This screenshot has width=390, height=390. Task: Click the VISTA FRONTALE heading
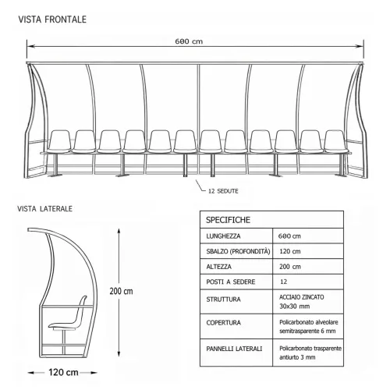tap(52, 19)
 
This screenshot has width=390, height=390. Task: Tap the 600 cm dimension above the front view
tap(189, 41)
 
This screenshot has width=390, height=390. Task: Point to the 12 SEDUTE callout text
tap(223, 191)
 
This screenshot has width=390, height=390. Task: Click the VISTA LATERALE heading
tap(44, 209)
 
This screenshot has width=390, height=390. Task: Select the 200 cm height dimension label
tap(121, 291)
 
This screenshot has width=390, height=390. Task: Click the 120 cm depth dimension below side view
tap(63, 372)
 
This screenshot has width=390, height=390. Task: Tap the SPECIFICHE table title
tap(228, 220)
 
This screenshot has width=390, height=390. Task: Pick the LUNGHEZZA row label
tap(223, 236)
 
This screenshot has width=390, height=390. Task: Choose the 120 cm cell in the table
tap(290, 251)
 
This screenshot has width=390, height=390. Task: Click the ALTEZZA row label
tap(218, 267)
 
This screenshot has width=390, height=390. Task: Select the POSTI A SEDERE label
tap(231, 282)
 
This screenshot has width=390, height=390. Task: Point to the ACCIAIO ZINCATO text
tap(302, 297)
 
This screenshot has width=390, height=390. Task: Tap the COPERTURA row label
tap(223, 323)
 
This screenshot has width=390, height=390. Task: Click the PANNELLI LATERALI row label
tap(234, 349)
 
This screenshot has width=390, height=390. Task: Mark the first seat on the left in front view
tap(59, 142)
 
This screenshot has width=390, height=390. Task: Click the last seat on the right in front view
tap(336, 142)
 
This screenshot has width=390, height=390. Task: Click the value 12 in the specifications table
tap(283, 282)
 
